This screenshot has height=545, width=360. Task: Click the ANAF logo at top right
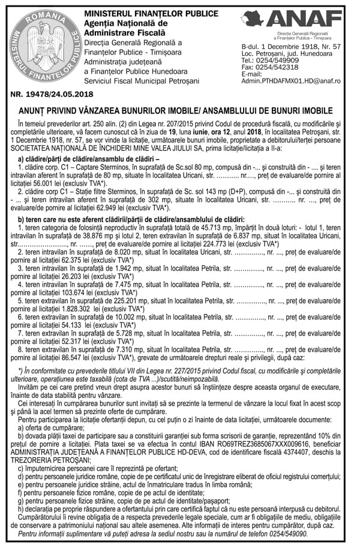(x=314, y=19)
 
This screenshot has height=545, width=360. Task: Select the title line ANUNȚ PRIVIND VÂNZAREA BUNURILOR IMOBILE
(x=180, y=111)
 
